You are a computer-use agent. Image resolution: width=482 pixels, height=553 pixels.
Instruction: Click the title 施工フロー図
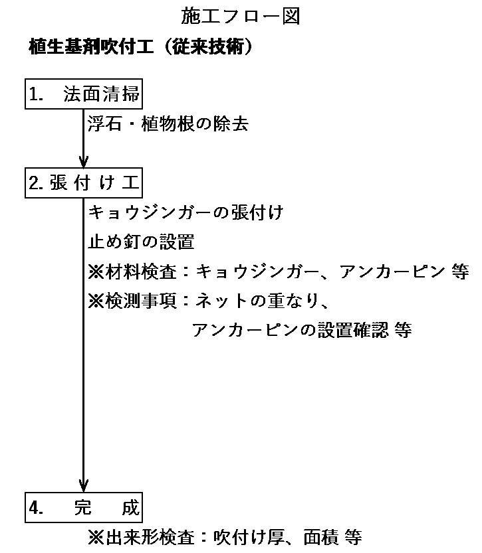pos(241,16)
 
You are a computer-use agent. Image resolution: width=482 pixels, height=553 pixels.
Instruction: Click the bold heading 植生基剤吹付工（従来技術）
pos(140,46)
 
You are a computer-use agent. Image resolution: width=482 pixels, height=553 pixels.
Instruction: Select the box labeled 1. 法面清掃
pos(84,94)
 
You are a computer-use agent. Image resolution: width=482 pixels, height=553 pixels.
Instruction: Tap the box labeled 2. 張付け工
pos(84,183)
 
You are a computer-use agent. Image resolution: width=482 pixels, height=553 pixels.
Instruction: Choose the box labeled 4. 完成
pos(84,507)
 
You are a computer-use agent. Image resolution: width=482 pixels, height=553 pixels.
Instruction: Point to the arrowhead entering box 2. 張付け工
pos(84,162)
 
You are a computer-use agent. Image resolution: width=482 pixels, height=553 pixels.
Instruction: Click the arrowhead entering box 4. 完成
pos(84,486)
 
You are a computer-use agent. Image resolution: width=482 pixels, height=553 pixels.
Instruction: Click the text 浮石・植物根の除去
pos(168,123)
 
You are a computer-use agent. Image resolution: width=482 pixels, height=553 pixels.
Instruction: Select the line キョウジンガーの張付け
pos(185,212)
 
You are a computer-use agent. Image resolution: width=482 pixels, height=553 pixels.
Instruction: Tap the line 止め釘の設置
pos(141,242)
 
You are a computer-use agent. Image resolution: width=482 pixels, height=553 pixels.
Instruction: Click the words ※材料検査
pos(132,272)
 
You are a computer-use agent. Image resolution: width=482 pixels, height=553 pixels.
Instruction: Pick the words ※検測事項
pos(132,301)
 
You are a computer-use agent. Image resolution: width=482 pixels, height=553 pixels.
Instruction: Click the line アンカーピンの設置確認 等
pos(302,330)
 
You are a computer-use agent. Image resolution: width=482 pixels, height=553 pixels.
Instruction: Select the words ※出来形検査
pos(141,538)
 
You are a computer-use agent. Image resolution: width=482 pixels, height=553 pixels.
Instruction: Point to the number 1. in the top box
pos(36,94)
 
